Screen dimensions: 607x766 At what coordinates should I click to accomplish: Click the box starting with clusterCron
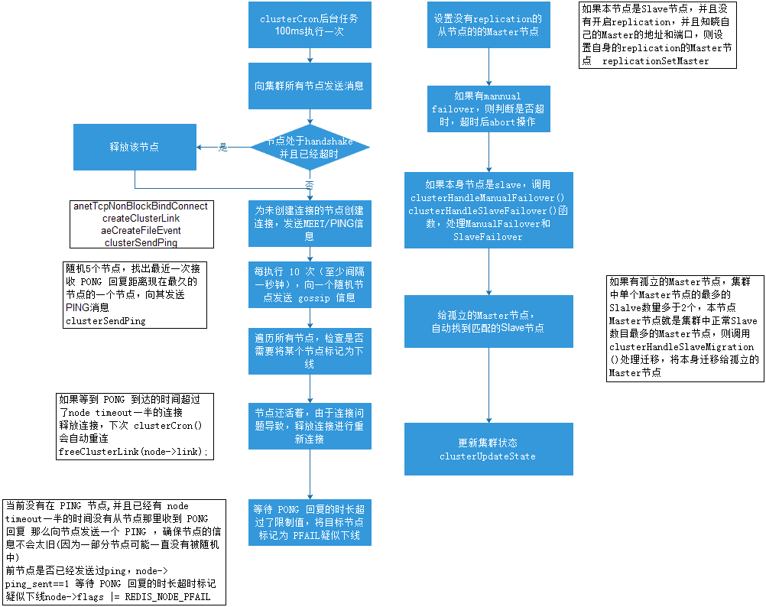pos(310,24)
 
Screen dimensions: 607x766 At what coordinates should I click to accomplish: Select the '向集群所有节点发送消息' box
pos(310,86)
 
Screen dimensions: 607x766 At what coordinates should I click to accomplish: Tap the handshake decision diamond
pos(310,148)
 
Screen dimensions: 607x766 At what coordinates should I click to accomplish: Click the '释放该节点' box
pos(135,148)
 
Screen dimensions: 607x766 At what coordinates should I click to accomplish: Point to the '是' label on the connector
pos(223,148)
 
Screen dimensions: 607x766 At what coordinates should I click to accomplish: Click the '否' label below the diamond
pos(310,186)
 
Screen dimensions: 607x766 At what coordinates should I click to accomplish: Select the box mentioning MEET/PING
pos(310,223)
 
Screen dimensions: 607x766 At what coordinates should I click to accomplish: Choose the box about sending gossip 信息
pos(310,284)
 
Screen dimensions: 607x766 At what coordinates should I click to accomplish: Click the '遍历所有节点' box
pos(310,351)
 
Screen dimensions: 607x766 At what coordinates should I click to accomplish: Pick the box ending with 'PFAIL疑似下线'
pos(310,523)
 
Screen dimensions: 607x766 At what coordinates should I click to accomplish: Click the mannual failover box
pos(488,109)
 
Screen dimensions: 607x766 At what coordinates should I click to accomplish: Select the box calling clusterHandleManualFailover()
pos(488,210)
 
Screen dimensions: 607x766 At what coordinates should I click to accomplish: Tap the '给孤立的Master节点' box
pos(488,322)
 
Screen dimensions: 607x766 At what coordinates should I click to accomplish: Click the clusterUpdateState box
pos(488,450)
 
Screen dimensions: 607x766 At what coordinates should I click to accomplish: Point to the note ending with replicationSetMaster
pos(657,35)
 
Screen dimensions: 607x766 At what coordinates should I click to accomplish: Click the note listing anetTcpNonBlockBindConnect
pos(140,224)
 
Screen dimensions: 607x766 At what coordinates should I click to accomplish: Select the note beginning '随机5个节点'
pos(135,295)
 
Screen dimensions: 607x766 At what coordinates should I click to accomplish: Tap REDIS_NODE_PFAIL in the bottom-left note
pos(167,596)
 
